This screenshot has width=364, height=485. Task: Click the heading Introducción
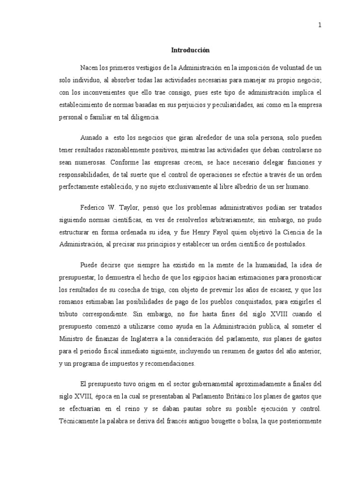pos(190,50)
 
